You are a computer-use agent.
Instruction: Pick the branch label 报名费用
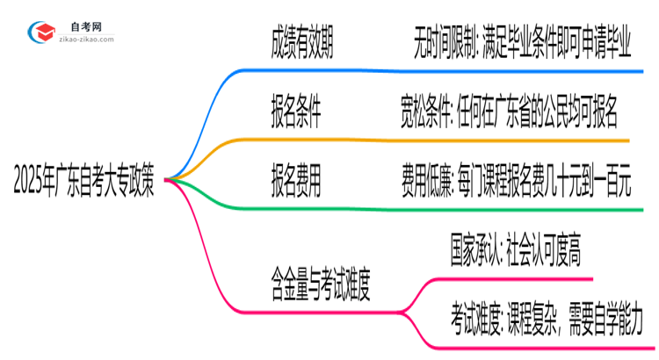[296, 183]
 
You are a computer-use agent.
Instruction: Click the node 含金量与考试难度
[321, 284]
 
